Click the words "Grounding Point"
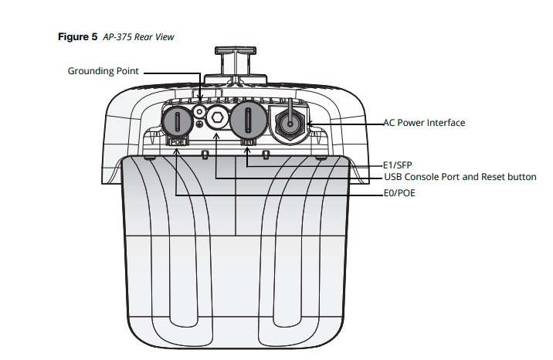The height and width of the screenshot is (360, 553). tap(103, 71)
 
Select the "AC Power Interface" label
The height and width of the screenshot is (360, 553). tap(424, 123)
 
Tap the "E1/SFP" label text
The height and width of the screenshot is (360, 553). tap(398, 165)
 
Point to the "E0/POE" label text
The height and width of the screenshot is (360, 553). tap(399, 194)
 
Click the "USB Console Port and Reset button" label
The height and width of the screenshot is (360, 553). tap(460, 177)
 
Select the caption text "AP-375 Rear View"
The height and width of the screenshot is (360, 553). tap(138, 37)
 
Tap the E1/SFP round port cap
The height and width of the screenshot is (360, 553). tap(246, 122)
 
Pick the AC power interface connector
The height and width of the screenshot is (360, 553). tap(289, 121)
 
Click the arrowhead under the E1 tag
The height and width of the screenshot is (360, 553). tap(247, 151)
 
